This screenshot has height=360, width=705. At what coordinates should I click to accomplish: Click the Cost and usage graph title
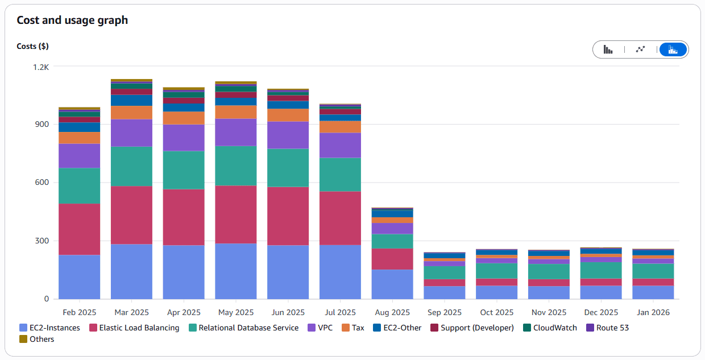72,20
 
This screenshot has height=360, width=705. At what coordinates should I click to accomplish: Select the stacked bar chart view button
673,49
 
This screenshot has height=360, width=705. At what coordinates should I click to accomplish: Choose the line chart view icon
640,49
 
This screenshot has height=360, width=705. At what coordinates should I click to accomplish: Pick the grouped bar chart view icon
608,49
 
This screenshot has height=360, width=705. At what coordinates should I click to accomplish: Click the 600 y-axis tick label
43,183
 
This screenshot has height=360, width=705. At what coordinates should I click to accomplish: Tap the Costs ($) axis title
32,46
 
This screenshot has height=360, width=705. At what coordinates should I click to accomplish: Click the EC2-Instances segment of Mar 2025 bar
131,271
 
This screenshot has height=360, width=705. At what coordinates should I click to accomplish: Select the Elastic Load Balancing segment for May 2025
236,214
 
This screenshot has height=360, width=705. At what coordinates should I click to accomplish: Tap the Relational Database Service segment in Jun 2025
288,168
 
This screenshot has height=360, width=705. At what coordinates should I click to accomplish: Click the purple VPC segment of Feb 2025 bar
79,155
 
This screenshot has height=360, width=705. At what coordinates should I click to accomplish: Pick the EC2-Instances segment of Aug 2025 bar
392,284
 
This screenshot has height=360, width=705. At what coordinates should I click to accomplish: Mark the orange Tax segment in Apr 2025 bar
184,118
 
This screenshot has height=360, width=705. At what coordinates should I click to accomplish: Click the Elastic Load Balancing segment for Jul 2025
340,218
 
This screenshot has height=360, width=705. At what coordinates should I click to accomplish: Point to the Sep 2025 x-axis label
444,312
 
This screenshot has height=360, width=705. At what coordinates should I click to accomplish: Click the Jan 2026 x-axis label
653,312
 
